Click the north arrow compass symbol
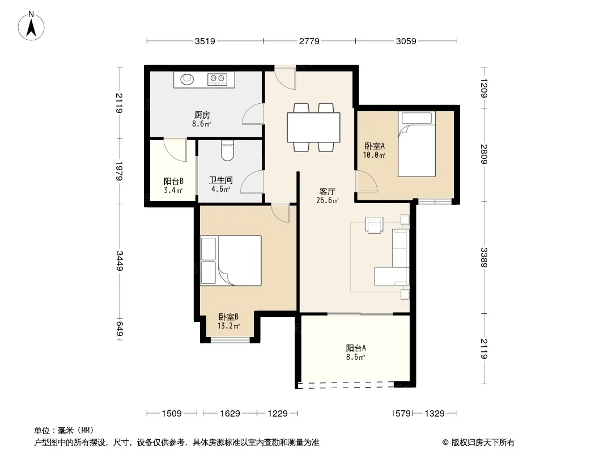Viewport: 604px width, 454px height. click(31, 26)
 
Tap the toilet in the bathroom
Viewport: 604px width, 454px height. click(227, 151)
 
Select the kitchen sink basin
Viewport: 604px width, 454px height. click(188, 79)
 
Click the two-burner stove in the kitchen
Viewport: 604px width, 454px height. click(216, 79)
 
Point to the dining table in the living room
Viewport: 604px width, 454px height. click(313, 127)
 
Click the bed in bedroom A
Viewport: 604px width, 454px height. click(417, 144)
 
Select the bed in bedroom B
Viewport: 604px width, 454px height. click(231, 260)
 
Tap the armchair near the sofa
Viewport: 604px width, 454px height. click(375, 225)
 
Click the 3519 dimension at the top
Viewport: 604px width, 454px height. click(205, 41)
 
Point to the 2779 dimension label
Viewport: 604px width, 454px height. click(309, 41)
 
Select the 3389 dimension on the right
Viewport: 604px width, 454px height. click(484, 257)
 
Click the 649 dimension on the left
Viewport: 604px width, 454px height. click(120, 328)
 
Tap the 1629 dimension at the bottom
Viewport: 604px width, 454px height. click(230, 414)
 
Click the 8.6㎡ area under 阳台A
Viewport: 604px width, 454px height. click(355, 357)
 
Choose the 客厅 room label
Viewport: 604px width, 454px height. click(327, 191)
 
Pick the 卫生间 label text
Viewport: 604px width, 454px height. click(221, 180)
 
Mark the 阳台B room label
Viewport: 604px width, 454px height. click(173, 181)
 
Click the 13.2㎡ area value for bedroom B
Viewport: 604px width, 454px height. click(228, 326)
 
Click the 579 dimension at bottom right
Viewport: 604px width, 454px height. click(403, 414)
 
